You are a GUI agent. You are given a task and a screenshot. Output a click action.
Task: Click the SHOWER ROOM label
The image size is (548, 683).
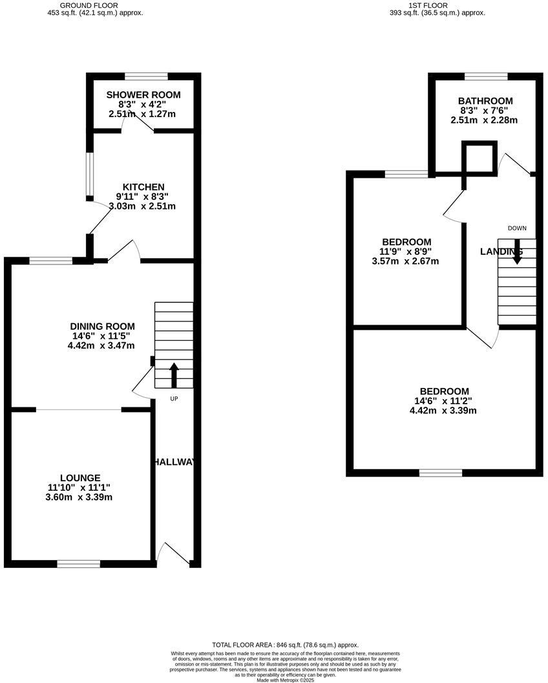[143, 95]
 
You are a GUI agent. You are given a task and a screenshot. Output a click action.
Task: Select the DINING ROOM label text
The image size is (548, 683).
[103, 326]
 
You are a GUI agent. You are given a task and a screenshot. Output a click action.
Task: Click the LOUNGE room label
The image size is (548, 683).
[81, 478]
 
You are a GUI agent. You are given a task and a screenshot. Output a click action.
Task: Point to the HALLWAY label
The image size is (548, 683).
[174, 462]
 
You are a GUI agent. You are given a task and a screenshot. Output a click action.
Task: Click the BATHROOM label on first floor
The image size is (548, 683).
[485, 101]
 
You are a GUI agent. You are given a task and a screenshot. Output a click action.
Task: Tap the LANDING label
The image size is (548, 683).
[501, 252]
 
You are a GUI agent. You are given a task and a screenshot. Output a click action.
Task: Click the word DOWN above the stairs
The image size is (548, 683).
[517, 228]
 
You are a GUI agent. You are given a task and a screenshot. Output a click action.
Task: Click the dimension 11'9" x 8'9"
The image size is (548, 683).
[406, 252]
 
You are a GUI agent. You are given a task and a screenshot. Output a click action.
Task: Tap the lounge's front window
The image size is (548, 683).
[79, 564]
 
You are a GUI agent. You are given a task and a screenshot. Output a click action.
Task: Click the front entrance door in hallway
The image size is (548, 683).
[174, 555]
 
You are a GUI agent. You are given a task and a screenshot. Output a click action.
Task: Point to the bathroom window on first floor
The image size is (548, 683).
[486, 77]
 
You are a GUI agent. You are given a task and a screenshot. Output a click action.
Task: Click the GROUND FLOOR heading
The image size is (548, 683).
[89, 5]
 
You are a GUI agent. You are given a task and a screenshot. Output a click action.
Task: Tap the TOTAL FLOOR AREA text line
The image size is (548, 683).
[285, 645]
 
